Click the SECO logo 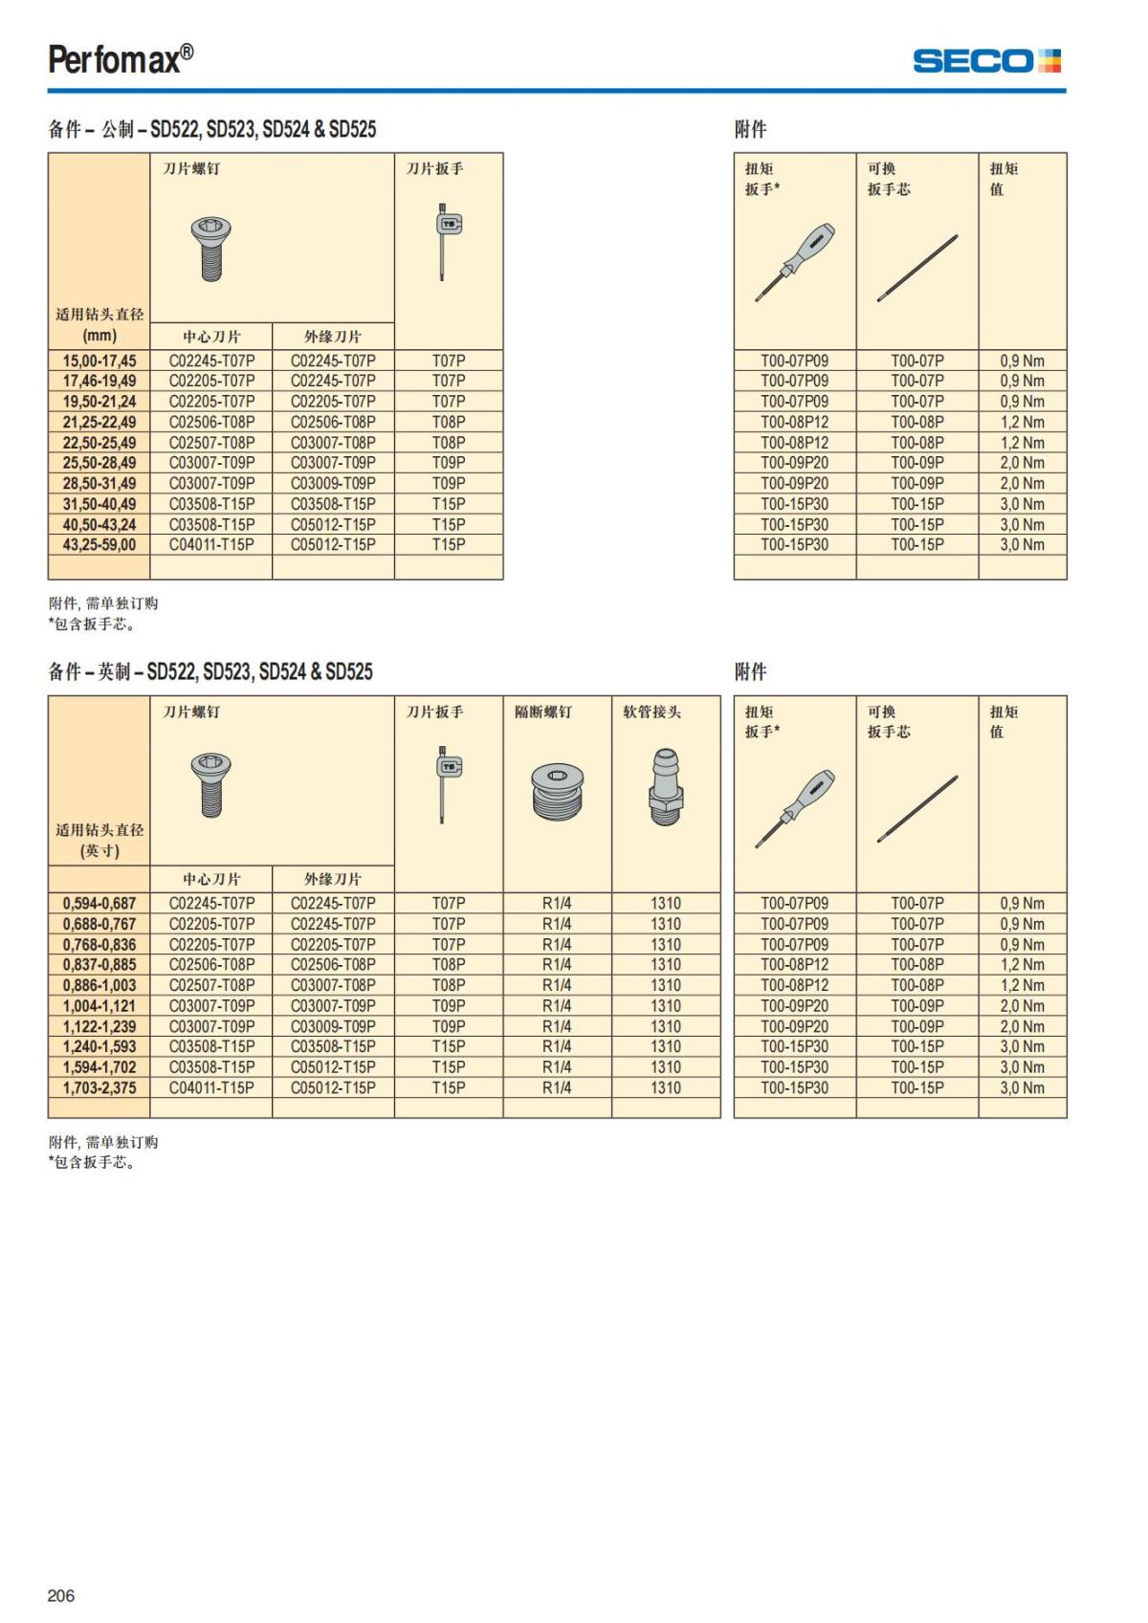[986, 61]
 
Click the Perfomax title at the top [121, 59]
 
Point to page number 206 [60, 1595]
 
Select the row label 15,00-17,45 [99, 361]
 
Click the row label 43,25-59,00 [99, 544]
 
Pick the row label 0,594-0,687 [99, 903]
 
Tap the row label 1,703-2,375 [99, 1087]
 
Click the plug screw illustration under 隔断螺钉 [557, 791]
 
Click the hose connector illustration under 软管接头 [665, 787]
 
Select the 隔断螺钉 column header [543, 712]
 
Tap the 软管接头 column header [651, 712]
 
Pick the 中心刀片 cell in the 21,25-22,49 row [211, 422]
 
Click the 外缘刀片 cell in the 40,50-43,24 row [333, 524]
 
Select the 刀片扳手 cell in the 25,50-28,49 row [448, 463]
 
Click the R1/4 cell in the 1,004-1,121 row [557, 1005]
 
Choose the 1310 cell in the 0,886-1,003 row [666, 985]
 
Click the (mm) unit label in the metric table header [99, 336]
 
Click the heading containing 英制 [210, 671]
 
